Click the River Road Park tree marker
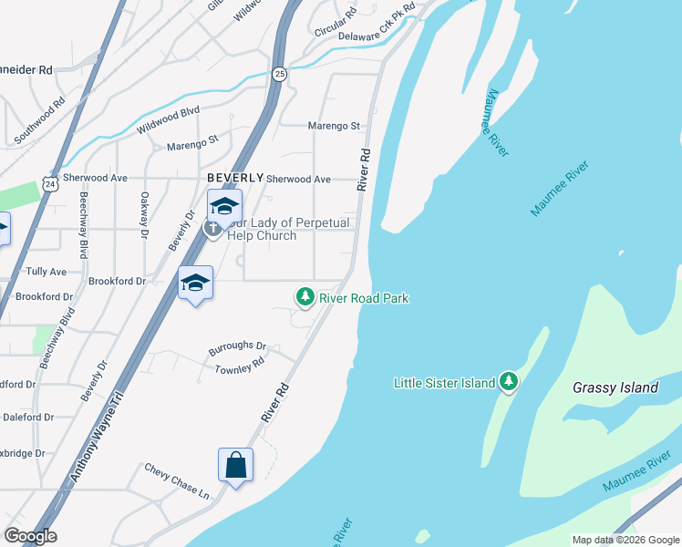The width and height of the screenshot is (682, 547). pyautogui.click(x=305, y=297)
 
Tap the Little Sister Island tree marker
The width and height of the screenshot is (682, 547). pyautogui.click(x=509, y=382)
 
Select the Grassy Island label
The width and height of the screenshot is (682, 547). pyautogui.click(x=615, y=387)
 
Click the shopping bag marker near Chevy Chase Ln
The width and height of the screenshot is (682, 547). pyautogui.click(x=235, y=465)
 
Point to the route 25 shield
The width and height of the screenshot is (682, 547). pyautogui.click(x=279, y=73)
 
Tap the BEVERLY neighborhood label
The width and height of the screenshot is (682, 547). pyautogui.click(x=235, y=178)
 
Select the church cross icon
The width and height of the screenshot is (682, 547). pyautogui.click(x=213, y=228)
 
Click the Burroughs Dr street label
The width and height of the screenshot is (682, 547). pyautogui.click(x=237, y=347)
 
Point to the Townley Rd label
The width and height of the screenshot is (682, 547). pyautogui.click(x=239, y=366)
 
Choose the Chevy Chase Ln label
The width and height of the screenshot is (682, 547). pyautogui.click(x=177, y=480)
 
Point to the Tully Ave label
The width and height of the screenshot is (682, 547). pyautogui.click(x=46, y=272)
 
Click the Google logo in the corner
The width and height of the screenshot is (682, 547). pyautogui.click(x=30, y=536)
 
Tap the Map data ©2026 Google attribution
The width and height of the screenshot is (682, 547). pyautogui.click(x=625, y=540)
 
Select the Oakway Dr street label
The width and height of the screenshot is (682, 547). pyautogui.click(x=144, y=215)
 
